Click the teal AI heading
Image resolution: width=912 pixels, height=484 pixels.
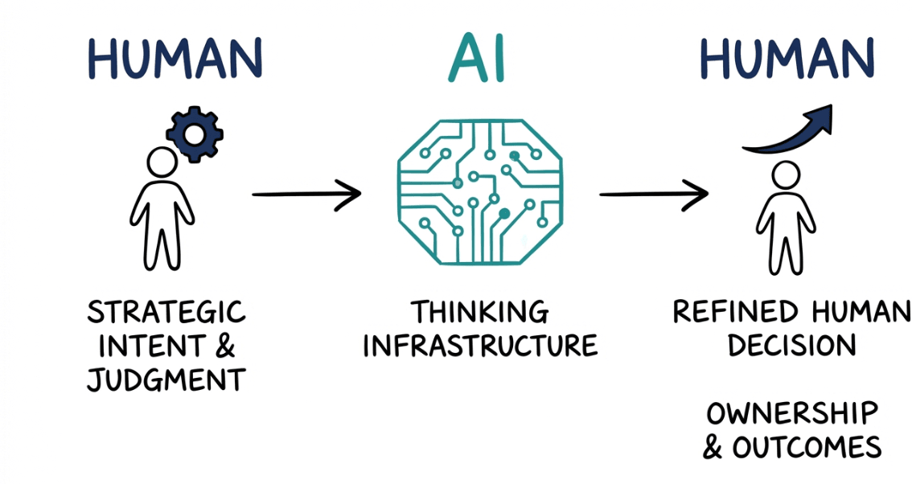pos(480,58)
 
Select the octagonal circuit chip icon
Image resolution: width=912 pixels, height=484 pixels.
pos(480,194)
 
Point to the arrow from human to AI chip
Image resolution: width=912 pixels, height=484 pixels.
pos(306,194)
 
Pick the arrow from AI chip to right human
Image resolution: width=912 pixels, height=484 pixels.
pos(653,194)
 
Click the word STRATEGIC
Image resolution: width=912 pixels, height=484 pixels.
pos(166,313)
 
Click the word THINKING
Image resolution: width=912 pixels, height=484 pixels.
pos(480,312)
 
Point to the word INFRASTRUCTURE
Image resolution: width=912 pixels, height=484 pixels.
pos(480,346)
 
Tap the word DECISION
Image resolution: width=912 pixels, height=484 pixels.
pos(791,346)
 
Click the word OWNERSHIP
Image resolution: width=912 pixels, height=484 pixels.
pos(792,413)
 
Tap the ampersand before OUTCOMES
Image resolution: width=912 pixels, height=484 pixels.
pos(713,447)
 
